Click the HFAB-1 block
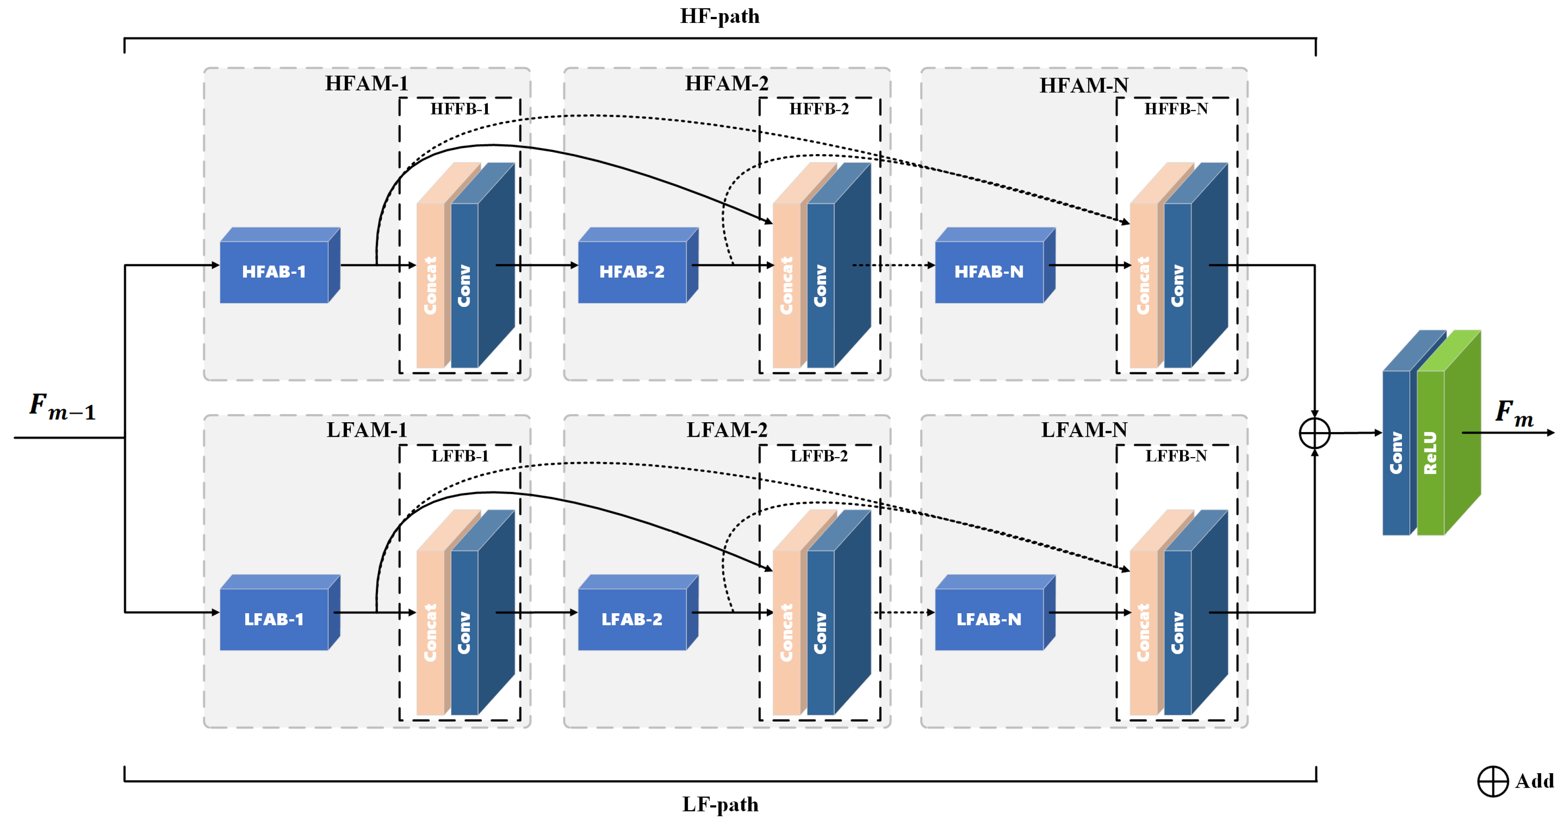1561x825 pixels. point(274,272)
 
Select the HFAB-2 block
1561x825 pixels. point(632,272)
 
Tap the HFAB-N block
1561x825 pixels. point(989,272)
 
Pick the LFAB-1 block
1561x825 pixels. point(274,619)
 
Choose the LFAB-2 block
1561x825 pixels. point(632,619)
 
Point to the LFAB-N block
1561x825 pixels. point(989,619)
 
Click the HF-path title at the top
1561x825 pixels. point(720,16)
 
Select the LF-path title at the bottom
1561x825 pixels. point(720,804)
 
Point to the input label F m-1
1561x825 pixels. point(62,407)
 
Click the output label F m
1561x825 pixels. point(1514,414)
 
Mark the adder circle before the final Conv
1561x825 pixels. point(1315,433)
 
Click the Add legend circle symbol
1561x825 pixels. point(1493,781)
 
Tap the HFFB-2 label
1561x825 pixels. point(819,109)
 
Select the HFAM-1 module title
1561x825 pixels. point(366,83)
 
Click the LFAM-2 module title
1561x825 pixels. point(727,430)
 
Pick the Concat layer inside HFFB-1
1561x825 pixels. point(430,285)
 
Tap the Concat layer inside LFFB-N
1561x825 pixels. point(1144,632)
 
